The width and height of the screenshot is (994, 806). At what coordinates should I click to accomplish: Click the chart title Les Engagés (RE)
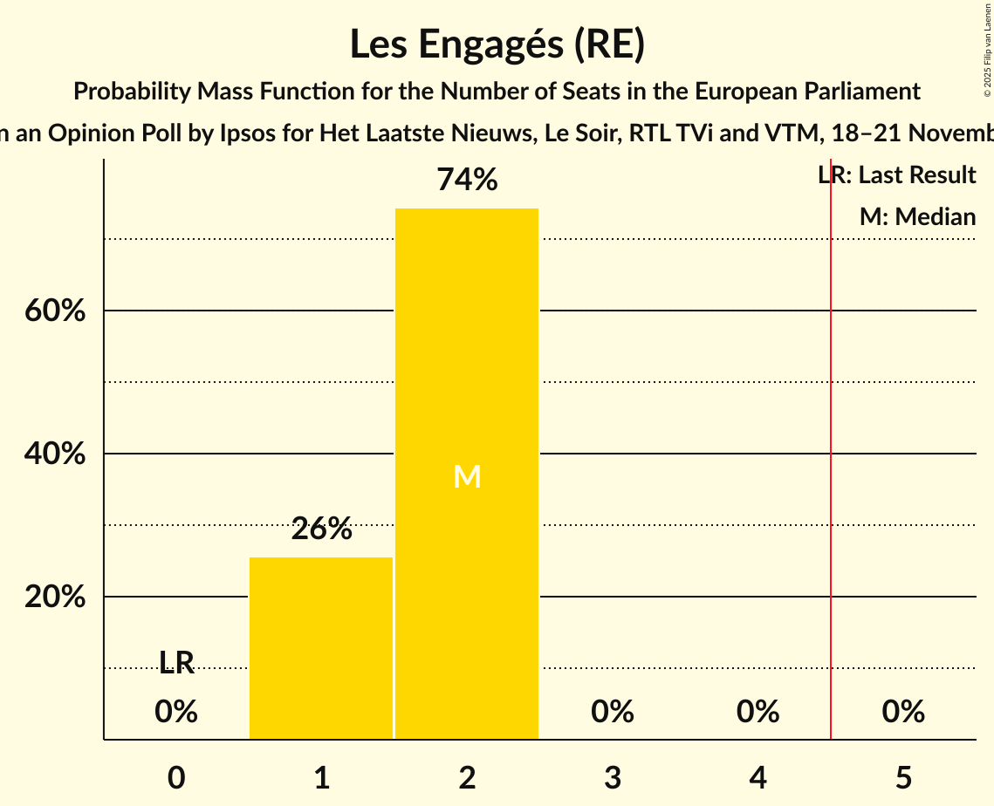pyautogui.click(x=497, y=45)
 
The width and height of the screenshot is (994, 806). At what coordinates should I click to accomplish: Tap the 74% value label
pyautogui.click(x=467, y=181)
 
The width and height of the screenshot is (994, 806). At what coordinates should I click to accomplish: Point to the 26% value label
pyautogui.click(x=321, y=529)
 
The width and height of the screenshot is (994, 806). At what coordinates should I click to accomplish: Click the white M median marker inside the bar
pyautogui.click(x=467, y=476)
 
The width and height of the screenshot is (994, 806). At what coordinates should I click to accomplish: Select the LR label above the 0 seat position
pyautogui.click(x=176, y=663)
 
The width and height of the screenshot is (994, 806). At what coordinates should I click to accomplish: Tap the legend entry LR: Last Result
pyautogui.click(x=897, y=175)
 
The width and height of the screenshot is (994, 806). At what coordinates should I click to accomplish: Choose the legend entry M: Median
pyautogui.click(x=917, y=217)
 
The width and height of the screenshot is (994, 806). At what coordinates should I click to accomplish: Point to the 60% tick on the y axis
pyautogui.click(x=55, y=311)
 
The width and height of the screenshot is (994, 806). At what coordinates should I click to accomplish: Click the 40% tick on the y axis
pyautogui.click(x=55, y=454)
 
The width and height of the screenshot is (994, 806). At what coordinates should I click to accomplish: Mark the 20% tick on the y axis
pyautogui.click(x=55, y=598)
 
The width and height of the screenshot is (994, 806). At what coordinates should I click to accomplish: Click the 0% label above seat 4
pyautogui.click(x=757, y=713)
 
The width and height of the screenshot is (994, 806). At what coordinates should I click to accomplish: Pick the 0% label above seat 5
pyautogui.click(x=903, y=713)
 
